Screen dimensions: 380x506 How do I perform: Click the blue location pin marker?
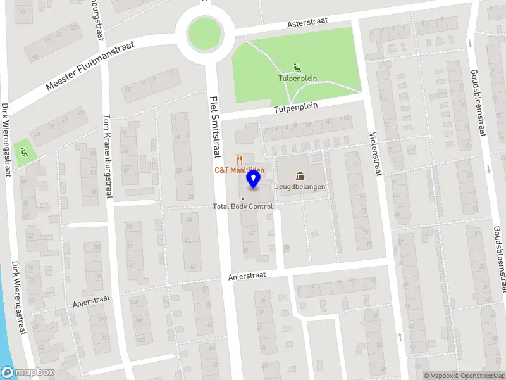pyautogui.click(x=254, y=179)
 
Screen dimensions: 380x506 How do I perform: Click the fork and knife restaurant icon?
pyautogui.click(x=239, y=158)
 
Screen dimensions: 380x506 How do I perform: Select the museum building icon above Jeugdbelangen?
pyautogui.click(x=300, y=175)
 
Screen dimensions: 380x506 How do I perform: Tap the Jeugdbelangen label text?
pyautogui.click(x=300, y=187)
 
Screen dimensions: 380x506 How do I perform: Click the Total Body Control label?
pyautogui.click(x=243, y=206)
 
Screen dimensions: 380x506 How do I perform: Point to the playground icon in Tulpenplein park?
pyautogui.click(x=297, y=68)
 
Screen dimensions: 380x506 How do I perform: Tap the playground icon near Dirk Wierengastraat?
pyautogui.click(x=23, y=151)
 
